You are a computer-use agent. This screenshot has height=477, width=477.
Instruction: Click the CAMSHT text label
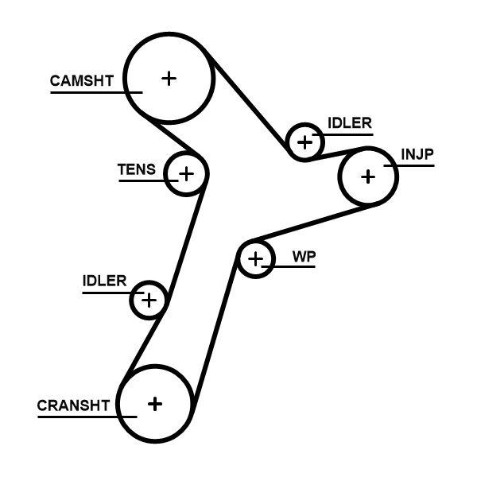click(x=81, y=80)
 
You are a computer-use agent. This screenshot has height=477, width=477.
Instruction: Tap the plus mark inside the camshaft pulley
click(x=169, y=78)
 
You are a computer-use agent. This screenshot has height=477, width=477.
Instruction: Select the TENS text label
click(x=137, y=169)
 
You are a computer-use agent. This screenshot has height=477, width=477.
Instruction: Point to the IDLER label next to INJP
click(x=349, y=123)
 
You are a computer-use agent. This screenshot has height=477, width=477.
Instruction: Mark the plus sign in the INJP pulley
click(x=367, y=176)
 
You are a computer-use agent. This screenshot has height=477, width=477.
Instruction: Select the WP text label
click(x=302, y=256)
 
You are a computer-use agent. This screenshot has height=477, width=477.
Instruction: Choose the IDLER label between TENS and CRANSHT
click(x=104, y=281)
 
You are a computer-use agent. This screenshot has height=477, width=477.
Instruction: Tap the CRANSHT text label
click(x=72, y=405)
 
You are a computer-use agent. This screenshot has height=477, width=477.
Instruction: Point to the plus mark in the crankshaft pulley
click(x=155, y=404)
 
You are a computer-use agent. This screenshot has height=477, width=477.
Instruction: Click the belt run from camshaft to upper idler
click(x=249, y=103)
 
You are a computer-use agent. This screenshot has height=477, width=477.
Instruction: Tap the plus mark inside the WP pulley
click(x=255, y=259)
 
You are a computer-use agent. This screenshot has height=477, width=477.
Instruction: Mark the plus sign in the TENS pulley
click(x=186, y=173)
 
